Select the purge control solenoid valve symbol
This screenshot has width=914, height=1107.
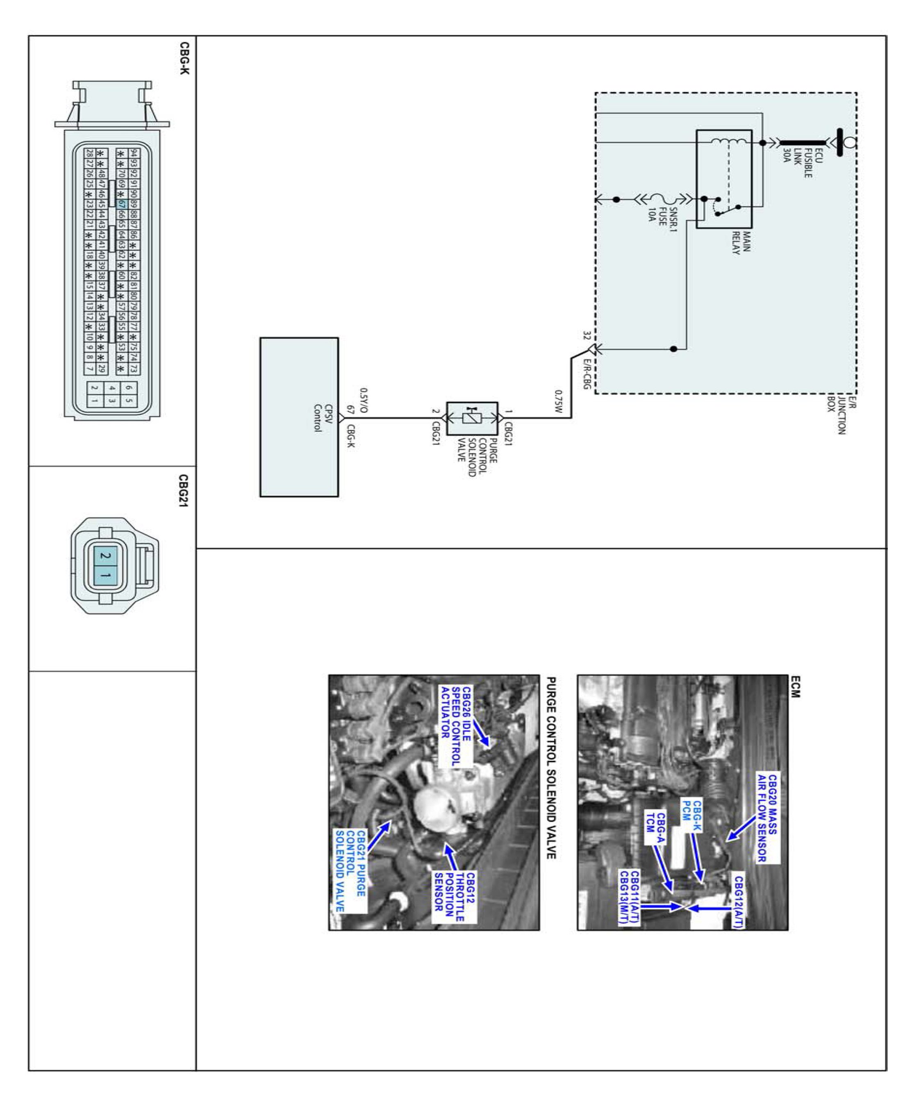click(x=472, y=418)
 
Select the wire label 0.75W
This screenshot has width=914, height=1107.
click(x=559, y=401)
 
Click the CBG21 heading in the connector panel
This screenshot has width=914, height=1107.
click(x=183, y=490)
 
